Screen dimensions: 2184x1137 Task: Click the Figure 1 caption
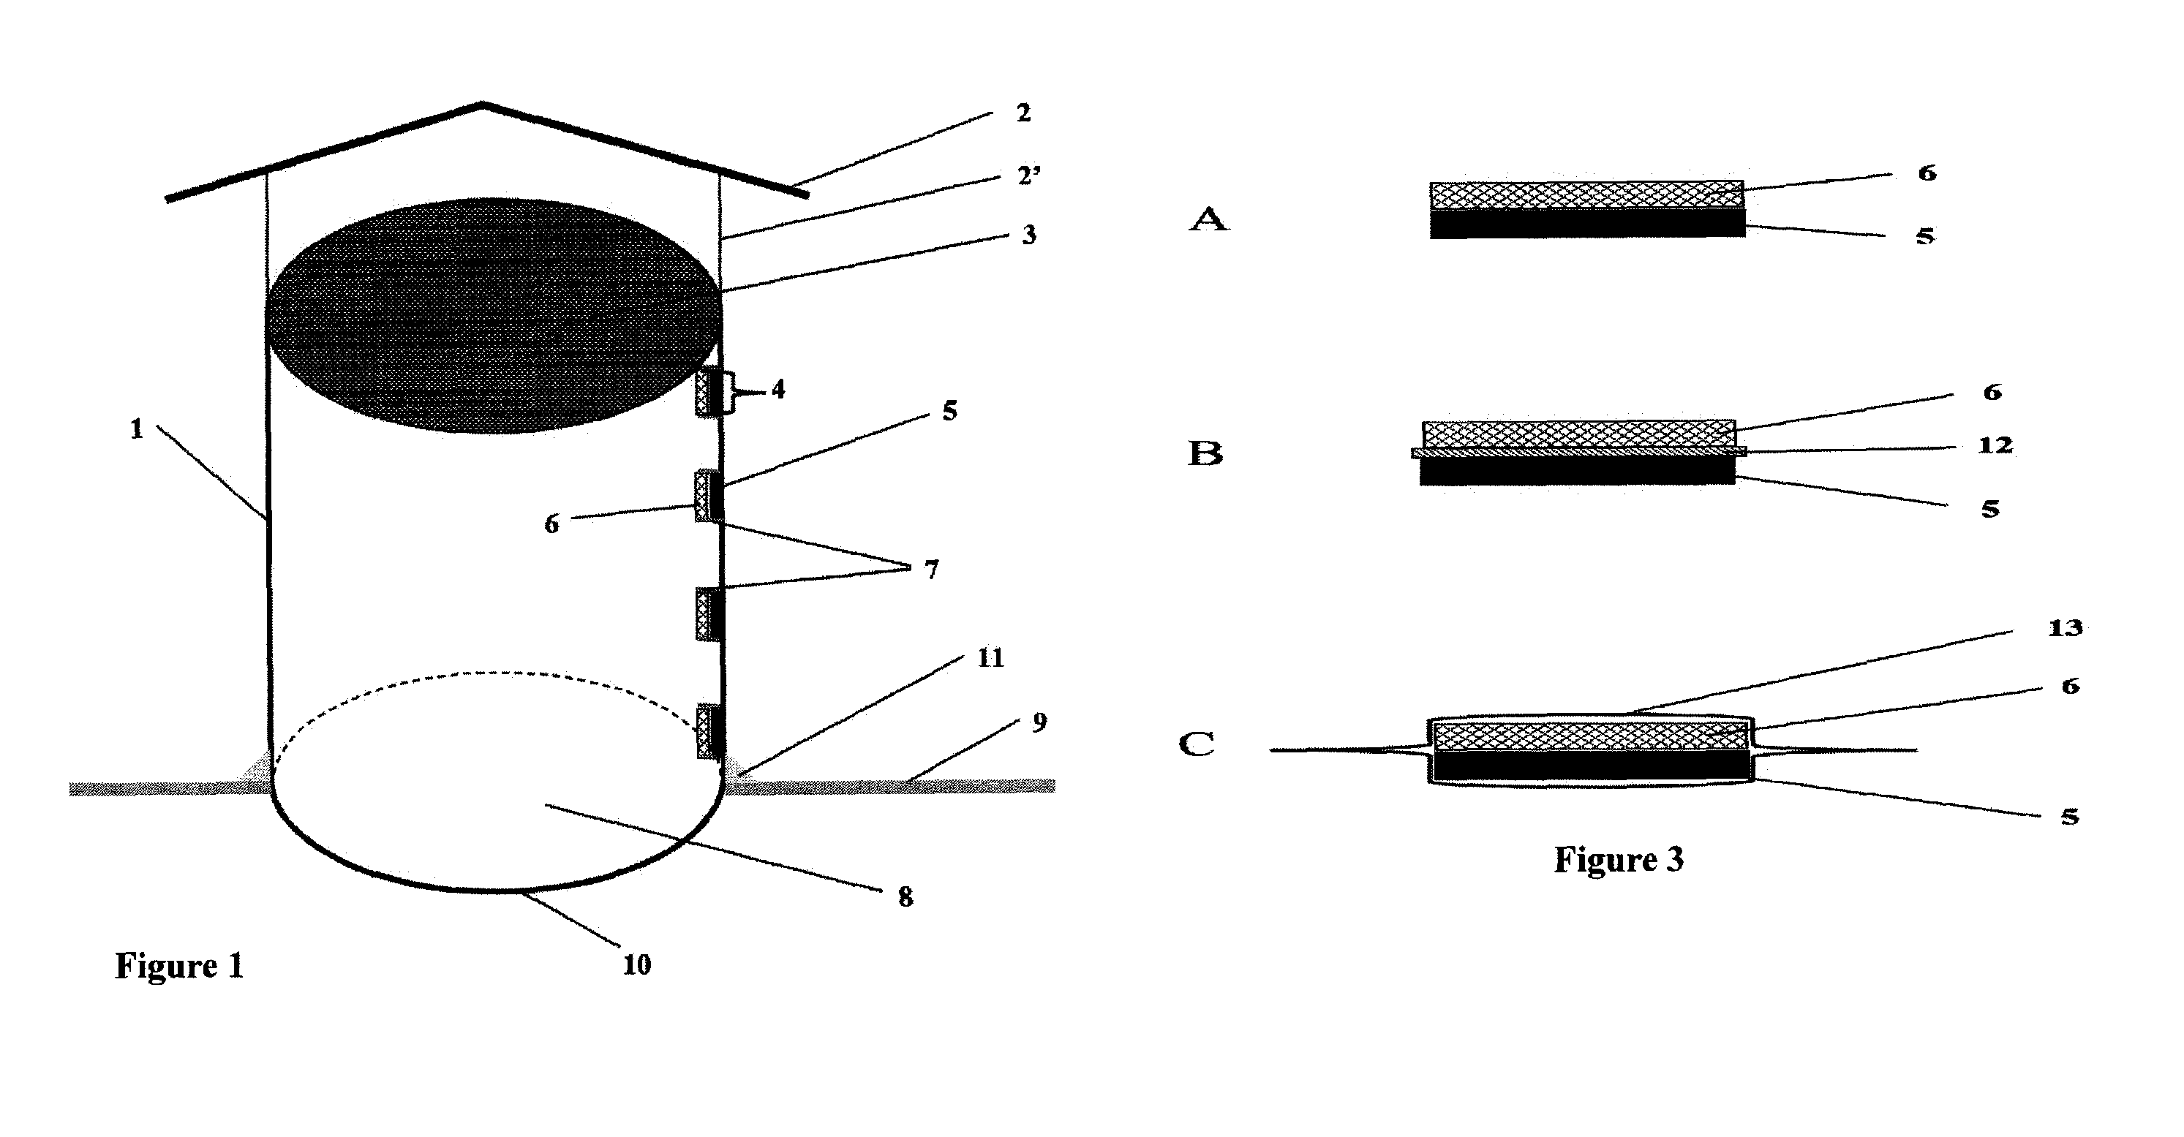180,966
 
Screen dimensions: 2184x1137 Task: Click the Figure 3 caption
1619,860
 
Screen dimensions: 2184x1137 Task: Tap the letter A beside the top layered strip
1208,219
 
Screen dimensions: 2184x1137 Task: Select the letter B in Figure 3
1205,453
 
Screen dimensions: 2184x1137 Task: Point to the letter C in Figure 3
1197,744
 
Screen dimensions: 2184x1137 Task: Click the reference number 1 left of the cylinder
137,429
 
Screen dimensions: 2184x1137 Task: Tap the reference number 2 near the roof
1024,113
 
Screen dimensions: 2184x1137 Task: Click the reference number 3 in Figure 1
1029,235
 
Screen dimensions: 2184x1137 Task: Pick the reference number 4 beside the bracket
778,390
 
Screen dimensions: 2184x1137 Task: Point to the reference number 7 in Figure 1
932,570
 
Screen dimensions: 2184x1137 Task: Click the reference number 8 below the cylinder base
905,897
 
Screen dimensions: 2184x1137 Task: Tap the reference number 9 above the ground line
1039,722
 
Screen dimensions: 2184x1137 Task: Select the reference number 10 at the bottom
637,965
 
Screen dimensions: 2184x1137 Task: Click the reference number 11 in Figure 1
990,658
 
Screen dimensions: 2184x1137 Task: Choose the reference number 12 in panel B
1995,446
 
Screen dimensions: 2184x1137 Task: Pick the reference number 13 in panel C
2066,628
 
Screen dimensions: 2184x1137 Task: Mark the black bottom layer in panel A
1587,224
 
